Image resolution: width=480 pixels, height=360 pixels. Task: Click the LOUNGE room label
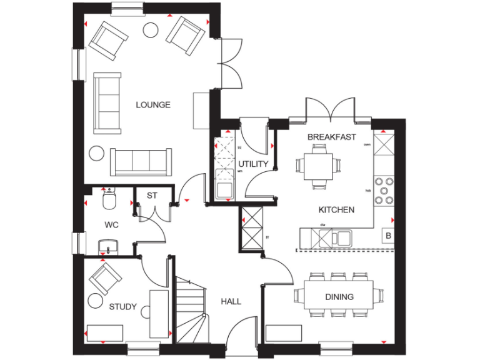[x=153, y=105]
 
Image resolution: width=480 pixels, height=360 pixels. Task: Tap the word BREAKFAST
[x=331, y=137]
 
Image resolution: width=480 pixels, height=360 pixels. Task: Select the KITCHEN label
[x=336, y=210]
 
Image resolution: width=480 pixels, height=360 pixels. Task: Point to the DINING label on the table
[x=339, y=297]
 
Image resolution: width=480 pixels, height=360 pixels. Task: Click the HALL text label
[x=231, y=301]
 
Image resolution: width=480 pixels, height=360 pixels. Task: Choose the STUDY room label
[x=122, y=307]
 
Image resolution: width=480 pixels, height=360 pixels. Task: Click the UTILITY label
[x=253, y=164]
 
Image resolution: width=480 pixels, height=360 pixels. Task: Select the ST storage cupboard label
[x=152, y=196]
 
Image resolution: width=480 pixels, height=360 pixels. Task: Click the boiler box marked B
[x=388, y=236]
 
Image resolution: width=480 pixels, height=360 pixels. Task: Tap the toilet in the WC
[x=108, y=200]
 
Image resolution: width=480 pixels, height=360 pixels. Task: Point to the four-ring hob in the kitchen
[x=383, y=191]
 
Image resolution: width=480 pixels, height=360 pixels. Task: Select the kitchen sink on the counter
[x=334, y=237]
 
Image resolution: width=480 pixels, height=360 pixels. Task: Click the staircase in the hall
[x=191, y=309]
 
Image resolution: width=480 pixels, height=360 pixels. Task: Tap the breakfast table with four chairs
[x=319, y=165]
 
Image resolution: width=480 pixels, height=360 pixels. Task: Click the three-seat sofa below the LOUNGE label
[x=141, y=162]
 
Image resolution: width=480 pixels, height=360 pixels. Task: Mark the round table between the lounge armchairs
[x=151, y=29]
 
